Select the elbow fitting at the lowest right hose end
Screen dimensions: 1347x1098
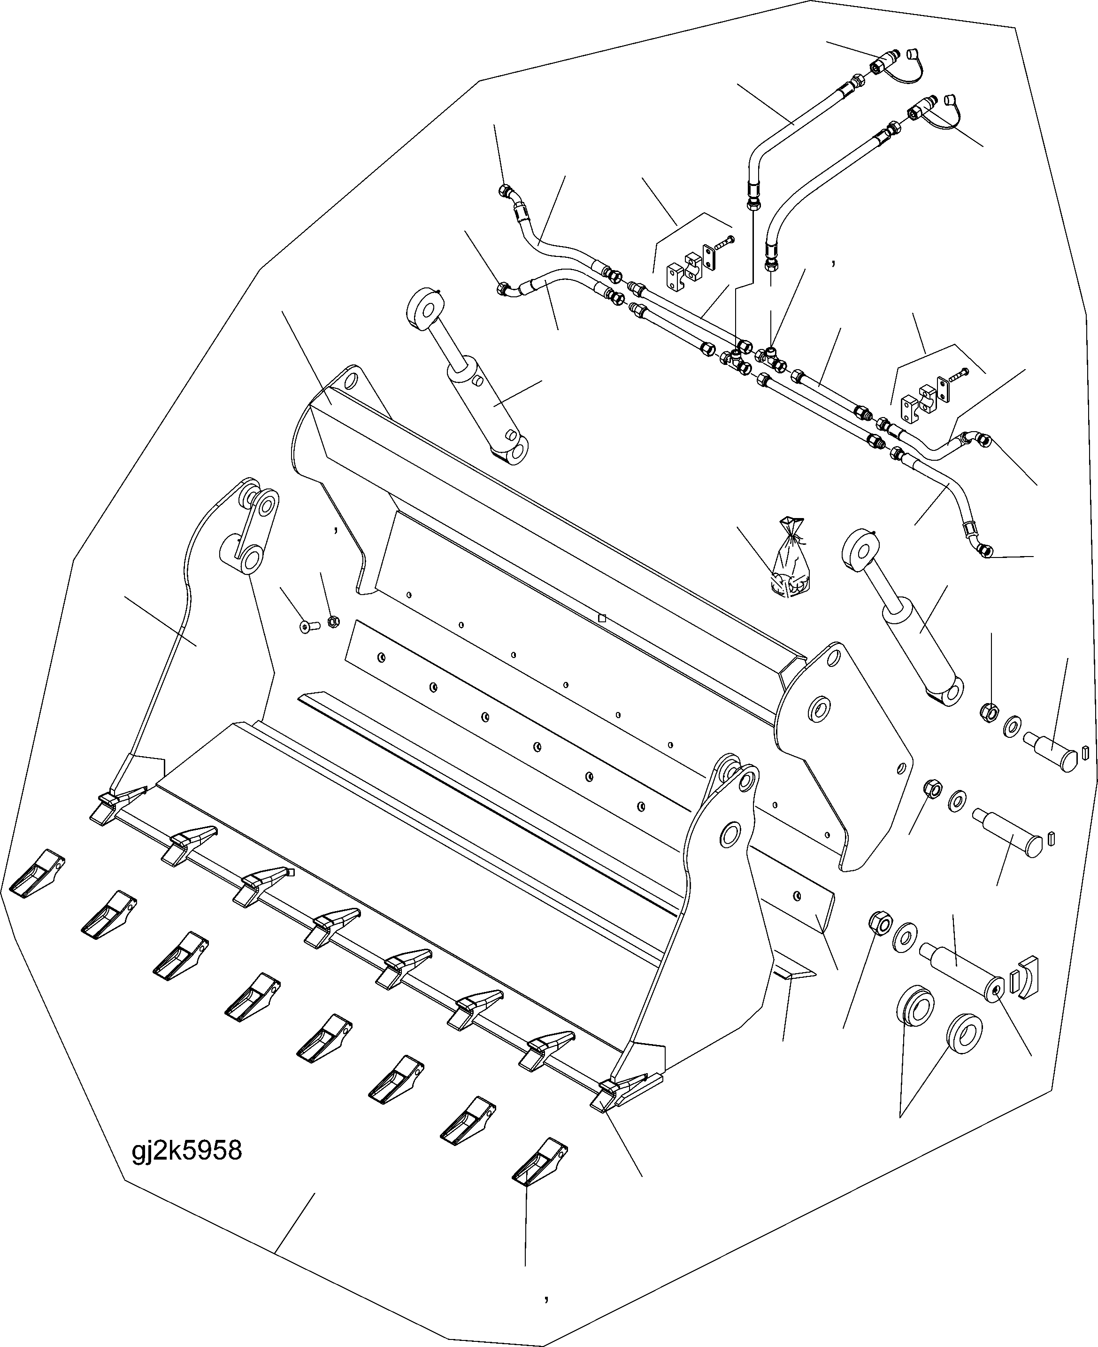[x=984, y=551]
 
